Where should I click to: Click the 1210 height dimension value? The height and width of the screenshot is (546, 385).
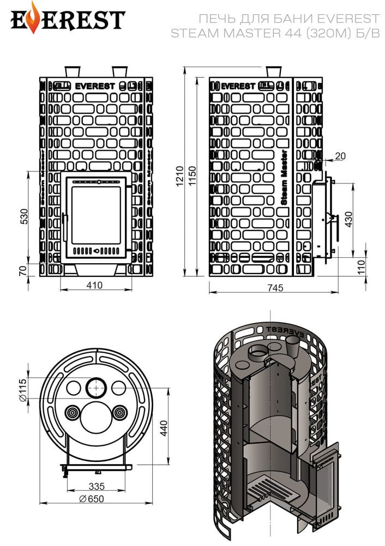[x=179, y=176]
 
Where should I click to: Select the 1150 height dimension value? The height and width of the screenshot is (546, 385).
[x=192, y=176]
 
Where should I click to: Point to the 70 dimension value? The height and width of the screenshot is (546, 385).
[x=23, y=271]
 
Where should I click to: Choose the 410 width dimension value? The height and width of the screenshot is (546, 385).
[x=94, y=285]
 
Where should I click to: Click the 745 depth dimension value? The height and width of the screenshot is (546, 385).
[x=275, y=288]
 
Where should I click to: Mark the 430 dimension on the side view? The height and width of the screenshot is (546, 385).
[x=348, y=219]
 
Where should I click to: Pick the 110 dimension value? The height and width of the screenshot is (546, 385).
[x=362, y=267]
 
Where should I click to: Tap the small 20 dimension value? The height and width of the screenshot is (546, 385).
[x=340, y=156]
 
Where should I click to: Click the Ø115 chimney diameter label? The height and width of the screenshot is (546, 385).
[x=22, y=390]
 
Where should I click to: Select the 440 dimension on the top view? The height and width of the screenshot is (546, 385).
[x=164, y=428]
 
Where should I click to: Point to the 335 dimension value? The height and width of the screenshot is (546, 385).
[x=97, y=486]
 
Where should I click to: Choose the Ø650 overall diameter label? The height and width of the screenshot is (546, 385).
[x=92, y=498]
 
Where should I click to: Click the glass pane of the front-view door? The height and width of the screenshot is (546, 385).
[x=96, y=215]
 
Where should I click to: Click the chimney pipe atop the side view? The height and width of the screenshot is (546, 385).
[x=273, y=72]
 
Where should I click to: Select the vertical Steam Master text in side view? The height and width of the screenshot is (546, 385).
[x=284, y=177]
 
